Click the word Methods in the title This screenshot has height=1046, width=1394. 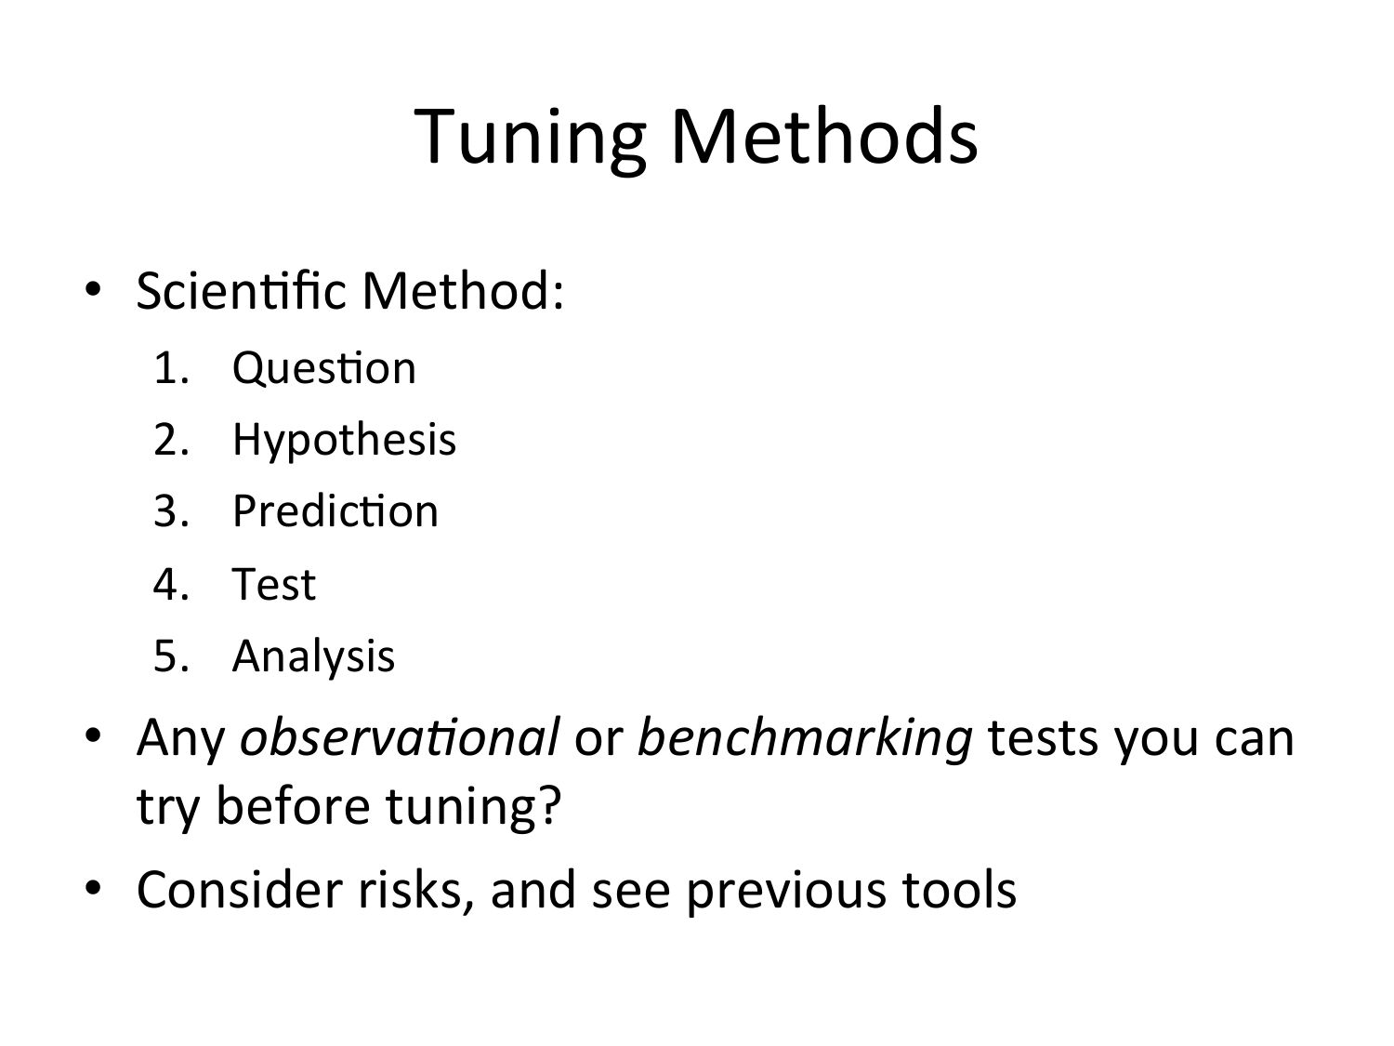click(823, 136)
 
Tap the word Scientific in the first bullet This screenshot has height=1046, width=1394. click(241, 290)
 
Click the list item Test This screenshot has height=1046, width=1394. click(274, 584)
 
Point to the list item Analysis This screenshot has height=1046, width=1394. click(314, 656)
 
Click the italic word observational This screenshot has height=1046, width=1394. click(400, 737)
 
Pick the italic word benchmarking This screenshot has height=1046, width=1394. click(805, 740)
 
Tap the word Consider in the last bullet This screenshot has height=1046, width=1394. click(240, 890)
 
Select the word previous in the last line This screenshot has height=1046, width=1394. click(786, 894)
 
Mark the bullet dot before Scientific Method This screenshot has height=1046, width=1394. click(93, 289)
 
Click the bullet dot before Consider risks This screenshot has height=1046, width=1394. click(93, 887)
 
